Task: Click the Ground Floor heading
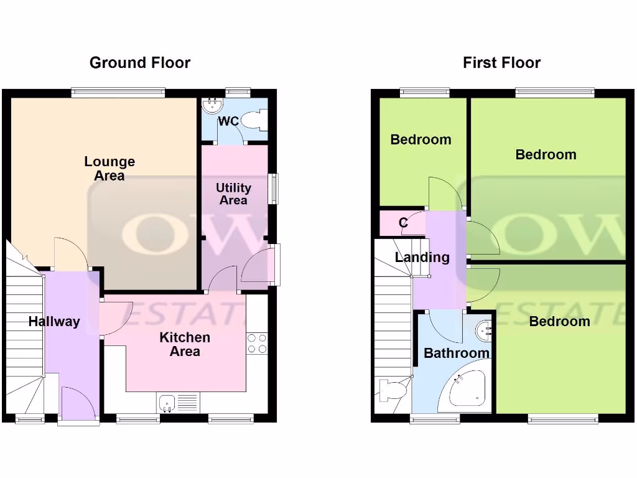pyautogui.click(x=140, y=63)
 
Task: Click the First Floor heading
pyautogui.click(x=501, y=63)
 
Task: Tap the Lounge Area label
pyautogui.click(x=109, y=169)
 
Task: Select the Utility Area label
pyautogui.click(x=233, y=194)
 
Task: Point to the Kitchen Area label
pyautogui.click(x=185, y=344)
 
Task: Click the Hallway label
pyautogui.click(x=54, y=321)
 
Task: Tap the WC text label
pyautogui.click(x=228, y=121)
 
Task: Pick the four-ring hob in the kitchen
pyautogui.click(x=257, y=344)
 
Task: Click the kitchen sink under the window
pyautogui.click(x=167, y=403)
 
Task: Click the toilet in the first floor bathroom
pyautogui.click(x=393, y=390)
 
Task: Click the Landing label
pyautogui.click(x=422, y=257)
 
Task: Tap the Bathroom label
pyautogui.click(x=456, y=353)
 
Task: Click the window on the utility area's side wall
pyautogui.click(x=274, y=188)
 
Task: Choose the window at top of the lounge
pyautogui.click(x=118, y=93)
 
